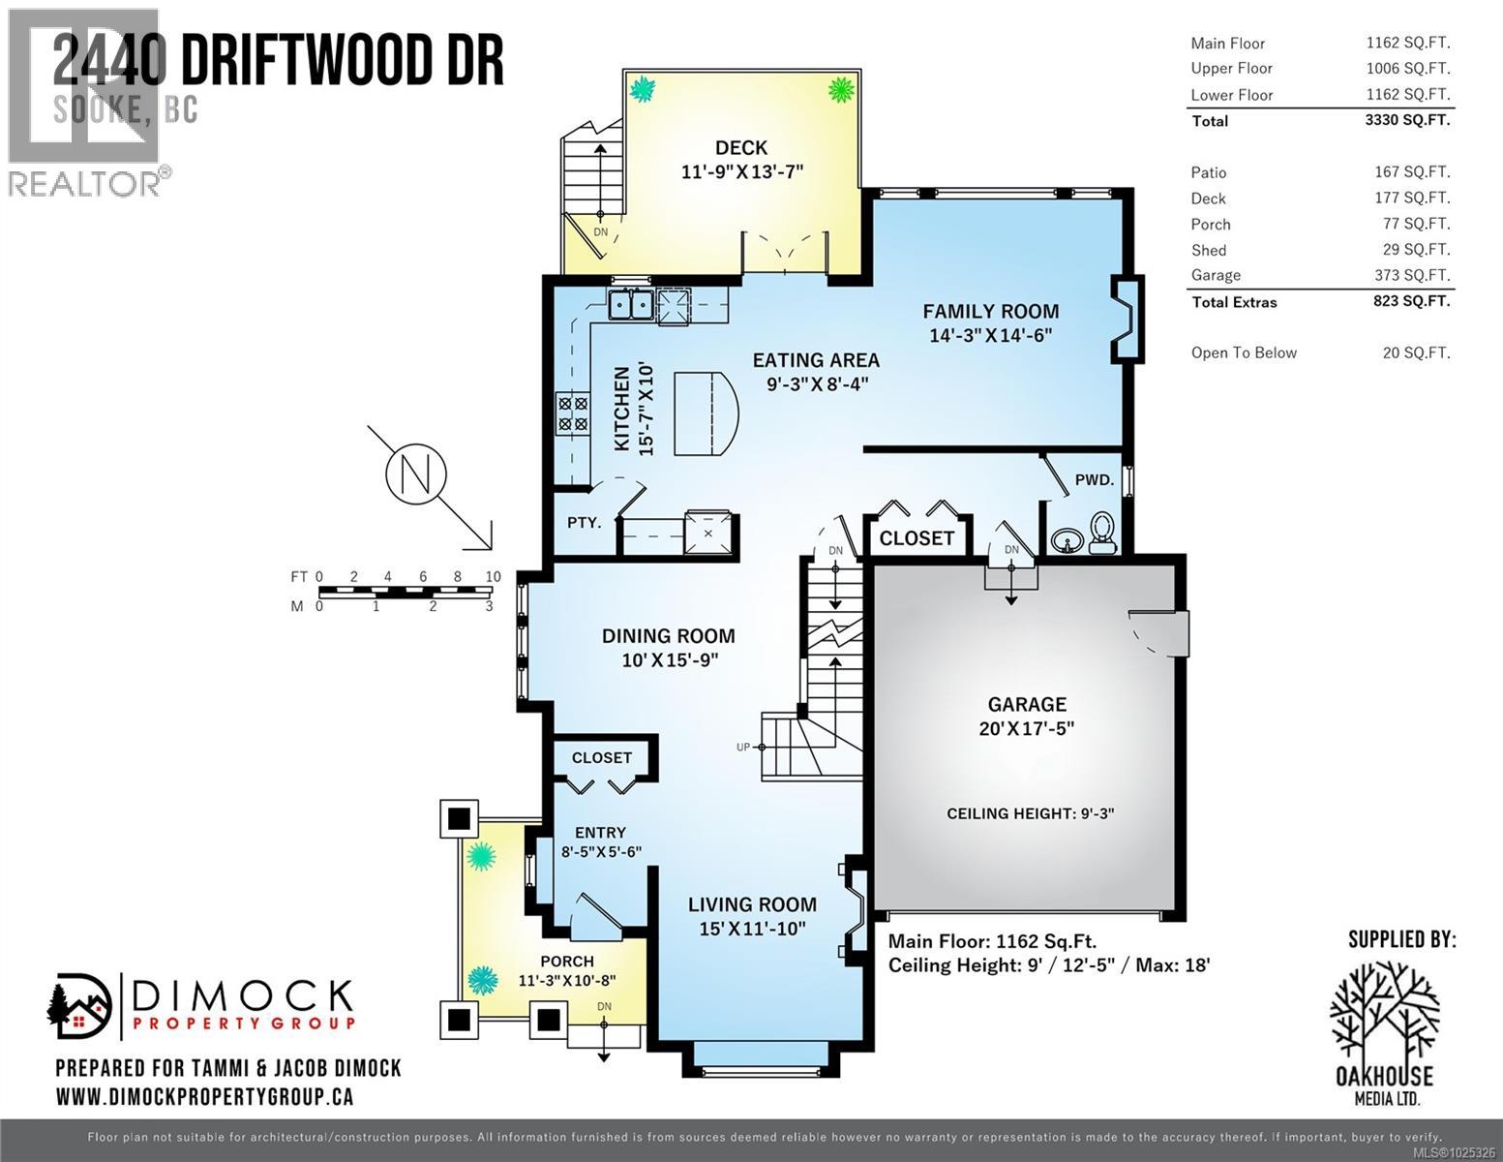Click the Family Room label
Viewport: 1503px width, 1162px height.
(990, 311)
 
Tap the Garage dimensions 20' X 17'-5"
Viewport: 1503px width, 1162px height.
(1026, 728)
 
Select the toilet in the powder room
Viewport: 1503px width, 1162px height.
(1101, 532)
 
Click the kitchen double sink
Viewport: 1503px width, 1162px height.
(630, 305)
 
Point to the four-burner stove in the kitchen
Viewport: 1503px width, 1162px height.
(572, 413)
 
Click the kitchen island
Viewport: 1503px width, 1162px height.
(705, 413)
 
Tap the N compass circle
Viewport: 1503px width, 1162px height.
(415, 474)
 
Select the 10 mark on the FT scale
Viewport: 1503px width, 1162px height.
(493, 577)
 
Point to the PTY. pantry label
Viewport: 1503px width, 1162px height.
(584, 522)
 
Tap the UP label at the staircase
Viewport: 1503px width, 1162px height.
(743, 747)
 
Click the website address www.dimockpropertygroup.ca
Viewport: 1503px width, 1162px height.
(204, 1096)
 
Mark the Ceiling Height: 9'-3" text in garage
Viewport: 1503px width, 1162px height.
(1030, 813)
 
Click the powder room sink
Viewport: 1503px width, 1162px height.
(1066, 539)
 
